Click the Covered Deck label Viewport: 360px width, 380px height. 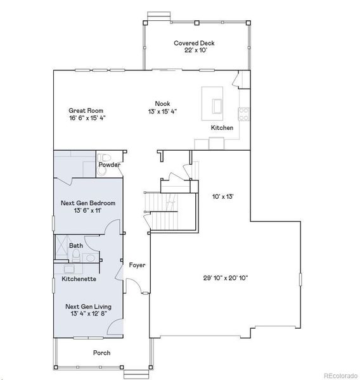(195, 43)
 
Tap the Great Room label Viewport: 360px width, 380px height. (87, 109)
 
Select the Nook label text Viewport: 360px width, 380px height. (163, 103)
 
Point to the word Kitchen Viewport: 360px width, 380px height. (222, 128)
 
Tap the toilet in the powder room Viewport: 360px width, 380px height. (105, 157)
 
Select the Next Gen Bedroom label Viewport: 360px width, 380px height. (87, 203)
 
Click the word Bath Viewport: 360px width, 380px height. (76, 245)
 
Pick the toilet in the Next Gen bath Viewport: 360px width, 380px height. (76, 255)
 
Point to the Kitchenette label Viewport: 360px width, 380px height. (79, 279)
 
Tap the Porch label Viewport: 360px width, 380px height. (101, 353)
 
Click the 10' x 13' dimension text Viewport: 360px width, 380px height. (222, 196)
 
